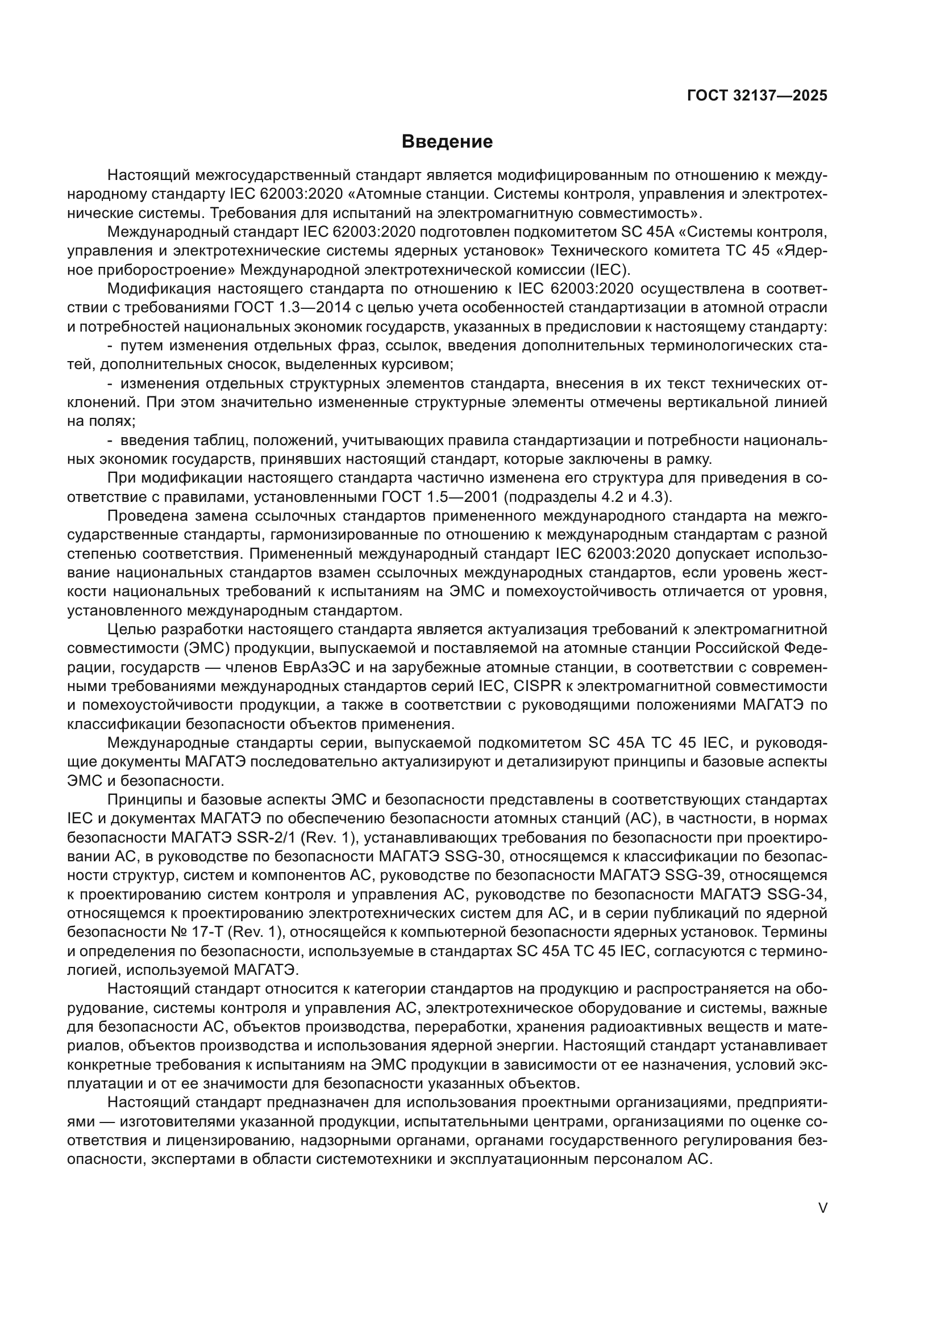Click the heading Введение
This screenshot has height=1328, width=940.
click(x=447, y=142)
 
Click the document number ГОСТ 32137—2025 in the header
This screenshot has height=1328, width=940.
click(x=757, y=95)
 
